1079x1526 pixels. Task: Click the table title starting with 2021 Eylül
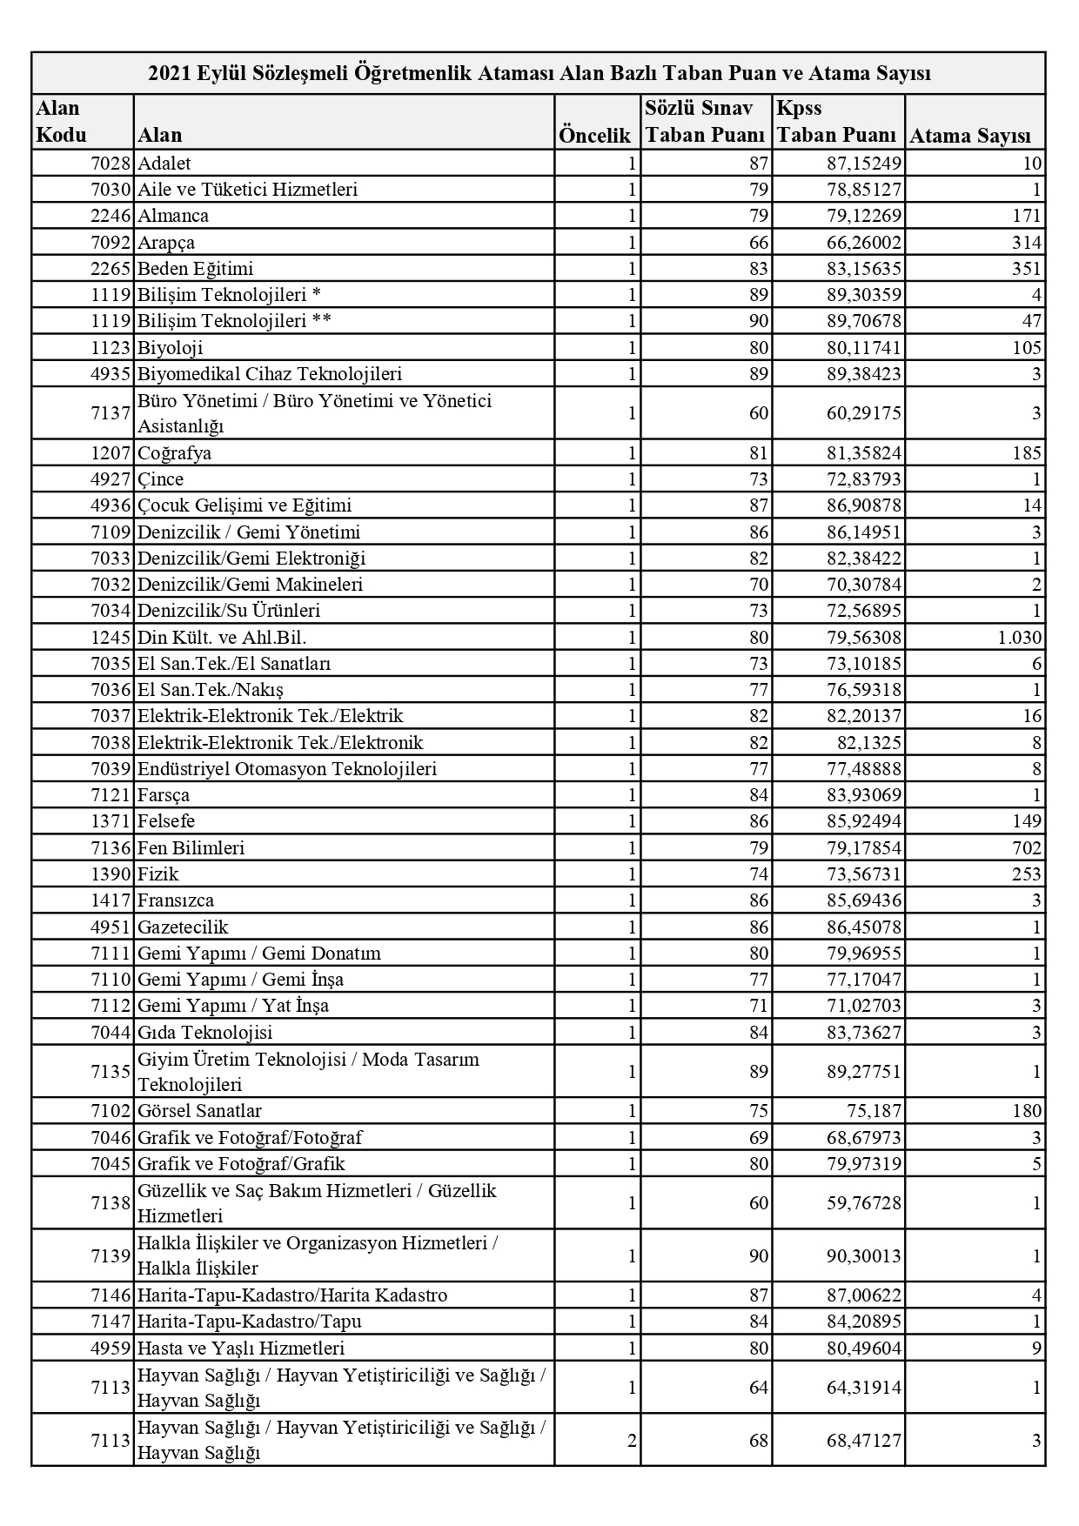539,73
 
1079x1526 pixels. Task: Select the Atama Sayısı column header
969,136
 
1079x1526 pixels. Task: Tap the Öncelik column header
594,136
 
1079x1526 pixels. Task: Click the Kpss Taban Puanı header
836,122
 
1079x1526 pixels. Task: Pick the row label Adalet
164,164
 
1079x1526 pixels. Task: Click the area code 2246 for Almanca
111,216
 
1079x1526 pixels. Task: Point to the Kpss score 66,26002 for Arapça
864,243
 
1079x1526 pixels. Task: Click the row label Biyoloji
171,348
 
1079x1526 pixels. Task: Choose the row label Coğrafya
174,453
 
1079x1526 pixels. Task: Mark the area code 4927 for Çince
111,479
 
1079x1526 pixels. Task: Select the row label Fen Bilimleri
191,848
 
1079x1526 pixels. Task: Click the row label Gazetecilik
183,927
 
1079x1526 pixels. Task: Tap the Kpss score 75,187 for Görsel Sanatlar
875,1111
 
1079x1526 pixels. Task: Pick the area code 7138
111,1203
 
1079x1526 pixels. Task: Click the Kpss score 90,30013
864,1256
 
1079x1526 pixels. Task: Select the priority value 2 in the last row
632,1441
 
